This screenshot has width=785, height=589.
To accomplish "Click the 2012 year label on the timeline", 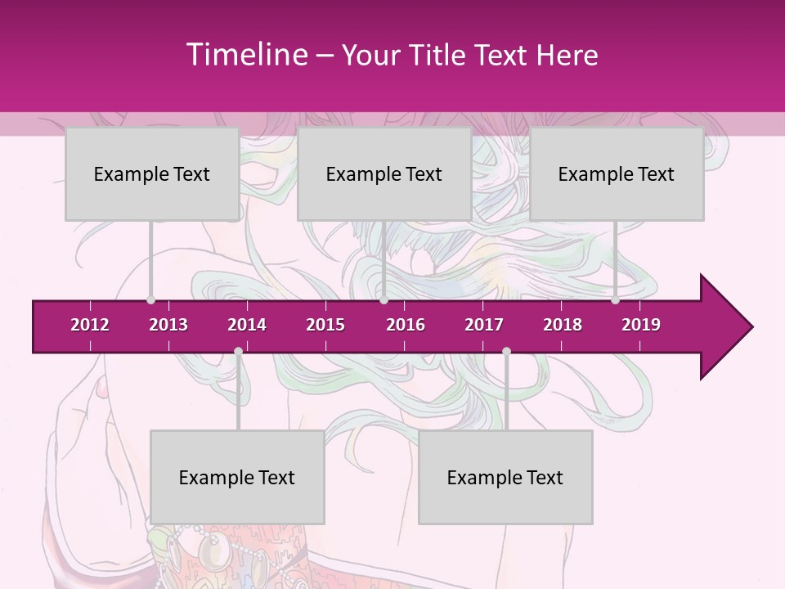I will [90, 325].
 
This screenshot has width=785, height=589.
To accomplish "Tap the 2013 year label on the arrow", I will [168, 325].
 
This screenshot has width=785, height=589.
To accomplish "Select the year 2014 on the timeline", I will [247, 325].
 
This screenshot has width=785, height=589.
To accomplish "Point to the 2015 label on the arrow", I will [325, 325].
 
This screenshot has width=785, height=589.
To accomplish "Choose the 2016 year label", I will [406, 325].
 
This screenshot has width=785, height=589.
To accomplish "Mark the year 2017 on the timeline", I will [484, 325].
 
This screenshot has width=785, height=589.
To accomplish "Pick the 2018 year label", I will [563, 325].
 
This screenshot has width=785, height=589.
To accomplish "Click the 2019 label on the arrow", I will [641, 325].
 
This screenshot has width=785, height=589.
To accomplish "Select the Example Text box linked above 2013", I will [152, 173].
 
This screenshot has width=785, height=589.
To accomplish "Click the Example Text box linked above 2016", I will [384, 173].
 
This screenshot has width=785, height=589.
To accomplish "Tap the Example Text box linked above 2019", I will [617, 173].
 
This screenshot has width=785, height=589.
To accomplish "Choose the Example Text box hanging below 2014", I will [237, 477].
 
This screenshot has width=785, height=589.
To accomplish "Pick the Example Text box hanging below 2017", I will [505, 477].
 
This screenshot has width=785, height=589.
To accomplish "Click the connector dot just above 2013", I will [151, 300].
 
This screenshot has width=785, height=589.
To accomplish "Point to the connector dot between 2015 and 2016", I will [384, 300].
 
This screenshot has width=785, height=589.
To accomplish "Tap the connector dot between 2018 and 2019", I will [616, 300].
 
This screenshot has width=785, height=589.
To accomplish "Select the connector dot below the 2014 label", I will [238, 351].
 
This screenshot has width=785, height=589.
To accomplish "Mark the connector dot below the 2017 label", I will [506, 351].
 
